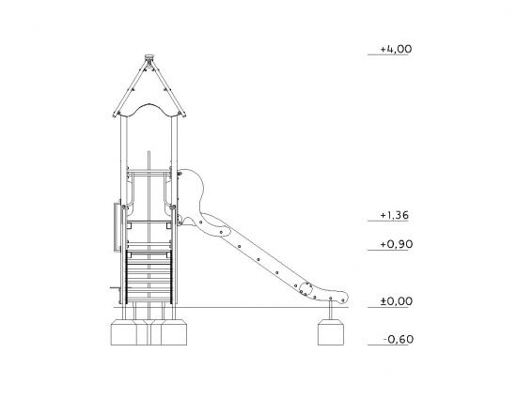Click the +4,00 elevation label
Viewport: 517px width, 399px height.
pos(396,49)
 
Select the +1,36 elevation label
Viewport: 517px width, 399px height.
pos(395,215)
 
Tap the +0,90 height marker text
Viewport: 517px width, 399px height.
pos(396,244)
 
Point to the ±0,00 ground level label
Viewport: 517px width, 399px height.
pos(396,301)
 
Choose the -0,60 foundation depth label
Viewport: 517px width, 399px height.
pos(399,339)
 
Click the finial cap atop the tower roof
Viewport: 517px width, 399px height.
pos(149,56)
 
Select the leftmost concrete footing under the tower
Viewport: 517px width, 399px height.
pos(124,332)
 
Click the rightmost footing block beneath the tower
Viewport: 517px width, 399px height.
pos(174,332)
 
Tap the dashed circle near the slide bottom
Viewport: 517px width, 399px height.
pos(305,289)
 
